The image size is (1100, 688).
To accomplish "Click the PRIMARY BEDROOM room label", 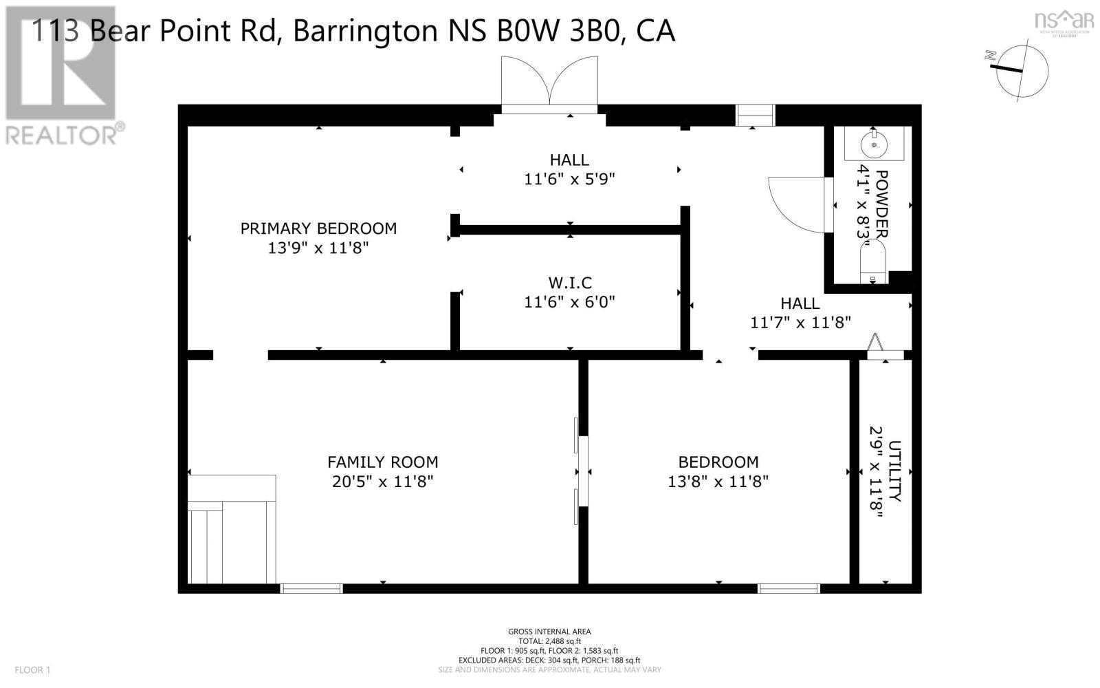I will tap(318, 228).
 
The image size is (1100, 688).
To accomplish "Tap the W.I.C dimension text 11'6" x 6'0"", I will tap(569, 302).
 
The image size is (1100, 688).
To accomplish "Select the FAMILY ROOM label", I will tap(382, 462).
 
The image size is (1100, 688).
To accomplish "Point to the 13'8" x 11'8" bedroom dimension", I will tap(718, 482).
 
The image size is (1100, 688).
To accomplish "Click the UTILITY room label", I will tap(894, 471).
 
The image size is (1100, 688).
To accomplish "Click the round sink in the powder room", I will tap(874, 145).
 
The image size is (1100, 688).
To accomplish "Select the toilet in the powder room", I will tap(873, 265).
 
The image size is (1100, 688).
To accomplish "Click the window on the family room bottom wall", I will tap(311, 588).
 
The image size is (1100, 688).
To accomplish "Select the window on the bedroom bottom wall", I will tap(789, 588).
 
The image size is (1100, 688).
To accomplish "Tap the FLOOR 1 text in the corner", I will tap(33, 669).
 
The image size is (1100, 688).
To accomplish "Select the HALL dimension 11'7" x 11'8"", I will tap(800, 322).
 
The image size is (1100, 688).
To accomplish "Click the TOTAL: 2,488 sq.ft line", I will tap(549, 641).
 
